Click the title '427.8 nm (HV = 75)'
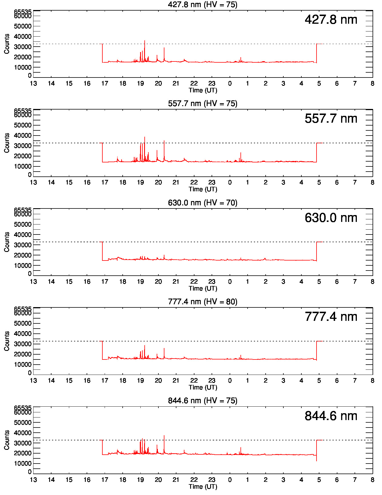click(x=203, y=5)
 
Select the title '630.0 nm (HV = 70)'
click(x=203, y=203)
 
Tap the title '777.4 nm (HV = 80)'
click(x=203, y=302)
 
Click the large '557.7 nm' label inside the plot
click(x=331, y=118)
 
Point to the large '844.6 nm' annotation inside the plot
click(x=331, y=416)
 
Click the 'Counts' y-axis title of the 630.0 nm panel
click(x=7, y=242)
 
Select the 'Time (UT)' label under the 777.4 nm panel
click(x=203, y=387)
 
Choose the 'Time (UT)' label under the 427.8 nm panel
click(x=203, y=90)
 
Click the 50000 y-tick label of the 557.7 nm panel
click(x=23, y=125)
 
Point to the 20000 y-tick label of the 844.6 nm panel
click(x=23, y=453)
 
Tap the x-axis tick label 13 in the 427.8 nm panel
click(x=33, y=84)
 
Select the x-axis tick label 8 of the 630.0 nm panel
click(x=372, y=282)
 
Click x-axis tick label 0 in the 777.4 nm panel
click(x=230, y=381)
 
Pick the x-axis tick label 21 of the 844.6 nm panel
click(x=176, y=480)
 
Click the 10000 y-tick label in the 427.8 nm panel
click(x=23, y=67)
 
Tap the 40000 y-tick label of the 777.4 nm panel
click(x=23, y=334)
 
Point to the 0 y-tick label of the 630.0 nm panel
click(x=30, y=274)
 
